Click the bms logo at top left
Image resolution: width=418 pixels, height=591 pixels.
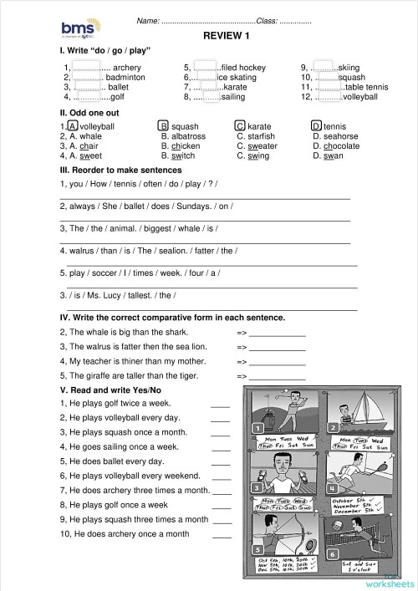(x=76, y=31)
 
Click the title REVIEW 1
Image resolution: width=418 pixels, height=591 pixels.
(x=227, y=35)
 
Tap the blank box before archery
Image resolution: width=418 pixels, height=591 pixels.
(x=86, y=67)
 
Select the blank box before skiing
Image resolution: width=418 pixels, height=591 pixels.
(x=324, y=67)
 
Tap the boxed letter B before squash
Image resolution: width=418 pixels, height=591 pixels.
(x=164, y=126)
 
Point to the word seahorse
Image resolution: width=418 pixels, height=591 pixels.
(x=342, y=136)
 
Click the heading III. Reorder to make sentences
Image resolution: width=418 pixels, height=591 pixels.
(x=125, y=171)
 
